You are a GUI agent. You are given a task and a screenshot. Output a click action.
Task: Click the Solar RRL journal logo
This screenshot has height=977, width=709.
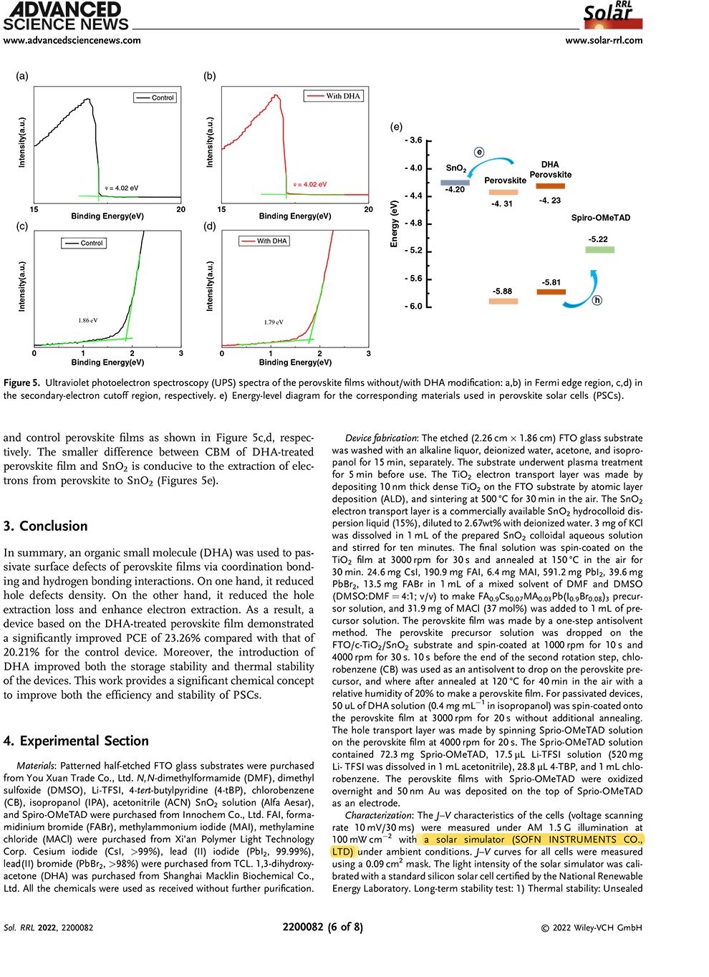coord(613,15)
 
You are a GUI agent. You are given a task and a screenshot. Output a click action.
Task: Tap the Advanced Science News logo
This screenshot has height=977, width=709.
coord(65,16)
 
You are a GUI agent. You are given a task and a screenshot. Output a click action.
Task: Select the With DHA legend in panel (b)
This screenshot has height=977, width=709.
coord(334,96)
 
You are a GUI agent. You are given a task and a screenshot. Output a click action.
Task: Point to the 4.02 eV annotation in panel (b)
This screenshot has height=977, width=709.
coord(311,185)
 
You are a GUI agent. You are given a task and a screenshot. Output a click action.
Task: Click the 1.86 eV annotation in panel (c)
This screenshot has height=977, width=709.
coord(88,321)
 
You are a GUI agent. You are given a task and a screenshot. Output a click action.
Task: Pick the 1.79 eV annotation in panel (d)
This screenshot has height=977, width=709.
coord(274,322)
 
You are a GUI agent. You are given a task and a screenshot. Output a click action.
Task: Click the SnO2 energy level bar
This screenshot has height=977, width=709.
coord(455,183)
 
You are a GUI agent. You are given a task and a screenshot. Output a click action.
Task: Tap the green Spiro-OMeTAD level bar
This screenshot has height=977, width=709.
coord(599,250)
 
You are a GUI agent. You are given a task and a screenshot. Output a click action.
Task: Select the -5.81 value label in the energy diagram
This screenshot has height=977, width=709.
coord(551,282)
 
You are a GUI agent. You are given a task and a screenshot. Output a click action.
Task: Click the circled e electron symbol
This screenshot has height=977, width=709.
coord(479,152)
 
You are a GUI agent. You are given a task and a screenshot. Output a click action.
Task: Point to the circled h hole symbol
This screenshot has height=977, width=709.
coord(597,300)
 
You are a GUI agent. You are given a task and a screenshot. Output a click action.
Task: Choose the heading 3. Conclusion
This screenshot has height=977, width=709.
coord(45,526)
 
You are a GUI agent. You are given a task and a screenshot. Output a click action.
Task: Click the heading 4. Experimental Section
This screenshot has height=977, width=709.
coord(76,741)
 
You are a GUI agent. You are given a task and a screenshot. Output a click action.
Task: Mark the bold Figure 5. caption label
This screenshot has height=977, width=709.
coord(21,383)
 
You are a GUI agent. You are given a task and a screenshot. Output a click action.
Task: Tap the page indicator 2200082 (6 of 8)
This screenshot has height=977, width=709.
coord(322,927)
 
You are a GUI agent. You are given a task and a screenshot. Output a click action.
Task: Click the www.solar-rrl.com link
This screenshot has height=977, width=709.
coord(604,41)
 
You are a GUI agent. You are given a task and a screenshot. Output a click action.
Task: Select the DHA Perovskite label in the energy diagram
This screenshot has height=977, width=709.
coord(550,170)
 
